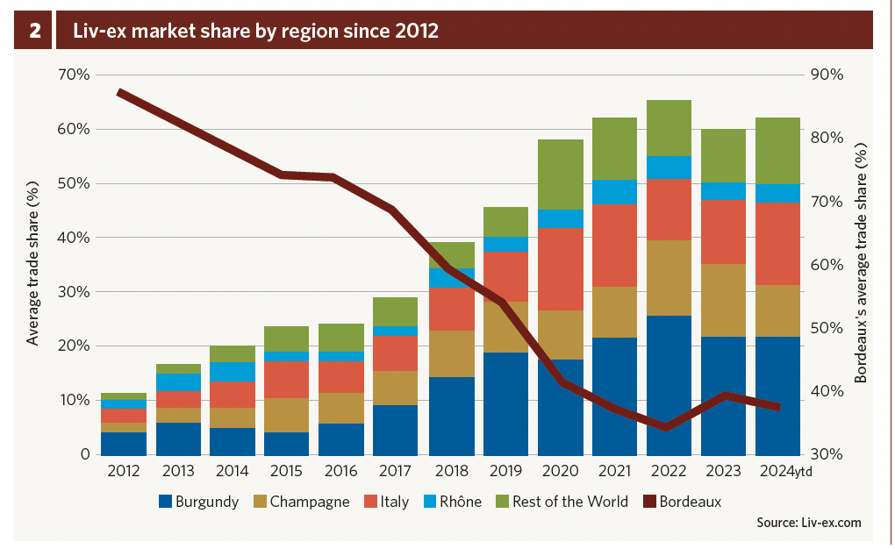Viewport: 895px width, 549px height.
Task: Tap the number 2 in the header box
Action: [x=35, y=32]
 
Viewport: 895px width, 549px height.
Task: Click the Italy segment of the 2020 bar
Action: [x=560, y=268]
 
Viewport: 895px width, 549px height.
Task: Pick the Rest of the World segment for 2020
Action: [x=560, y=174]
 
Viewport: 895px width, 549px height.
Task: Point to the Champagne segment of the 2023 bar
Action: [x=723, y=300]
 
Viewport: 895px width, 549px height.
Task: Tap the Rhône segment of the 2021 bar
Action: [x=614, y=192]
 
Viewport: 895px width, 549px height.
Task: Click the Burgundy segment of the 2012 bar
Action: [x=125, y=443]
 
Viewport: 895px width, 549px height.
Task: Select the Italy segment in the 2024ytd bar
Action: [x=777, y=244]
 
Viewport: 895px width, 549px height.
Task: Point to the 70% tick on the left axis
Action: [x=74, y=75]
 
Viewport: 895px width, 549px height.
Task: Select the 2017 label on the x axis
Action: [x=396, y=471]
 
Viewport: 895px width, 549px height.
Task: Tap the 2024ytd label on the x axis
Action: [x=784, y=471]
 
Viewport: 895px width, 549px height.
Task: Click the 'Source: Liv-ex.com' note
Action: [x=808, y=523]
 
